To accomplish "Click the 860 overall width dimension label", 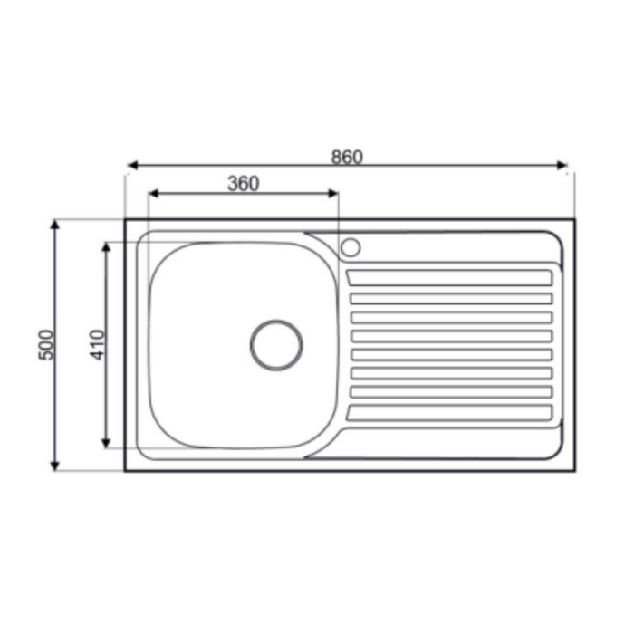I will (346, 156).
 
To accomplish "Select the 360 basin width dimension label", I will (243, 184).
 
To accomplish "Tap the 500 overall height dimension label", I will (46, 344).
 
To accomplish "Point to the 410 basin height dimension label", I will (98, 344).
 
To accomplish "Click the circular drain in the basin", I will (276, 345).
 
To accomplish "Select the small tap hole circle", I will (351, 246).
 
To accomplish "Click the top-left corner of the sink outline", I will (126, 220).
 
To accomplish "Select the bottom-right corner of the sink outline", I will (574, 470).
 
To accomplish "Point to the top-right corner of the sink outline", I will (574, 220).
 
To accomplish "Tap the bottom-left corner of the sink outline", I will (126, 470).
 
